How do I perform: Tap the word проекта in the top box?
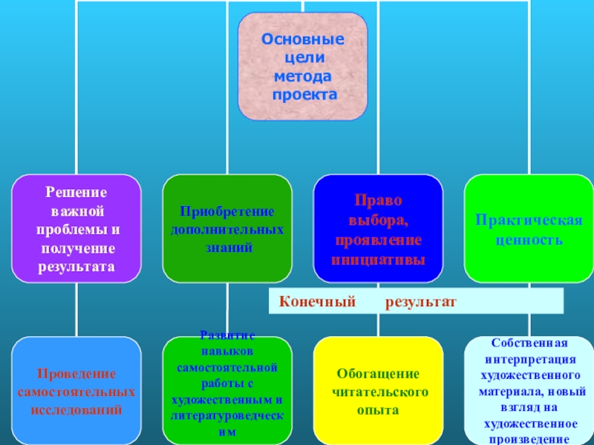point(303,95)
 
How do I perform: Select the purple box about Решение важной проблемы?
point(76,228)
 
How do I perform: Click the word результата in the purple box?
point(76,265)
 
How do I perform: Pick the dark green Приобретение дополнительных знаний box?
point(227,228)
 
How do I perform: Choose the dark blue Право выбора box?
point(378,228)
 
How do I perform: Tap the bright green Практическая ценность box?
point(529,228)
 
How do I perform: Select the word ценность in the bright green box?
point(529,240)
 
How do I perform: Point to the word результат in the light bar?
point(420,303)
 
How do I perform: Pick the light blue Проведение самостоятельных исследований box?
point(76,390)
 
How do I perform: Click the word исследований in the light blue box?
point(76,409)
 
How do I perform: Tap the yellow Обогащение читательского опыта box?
point(378,390)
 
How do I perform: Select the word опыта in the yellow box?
point(378,409)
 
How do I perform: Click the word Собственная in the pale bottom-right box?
point(529,343)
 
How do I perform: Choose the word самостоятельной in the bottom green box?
point(227,368)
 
